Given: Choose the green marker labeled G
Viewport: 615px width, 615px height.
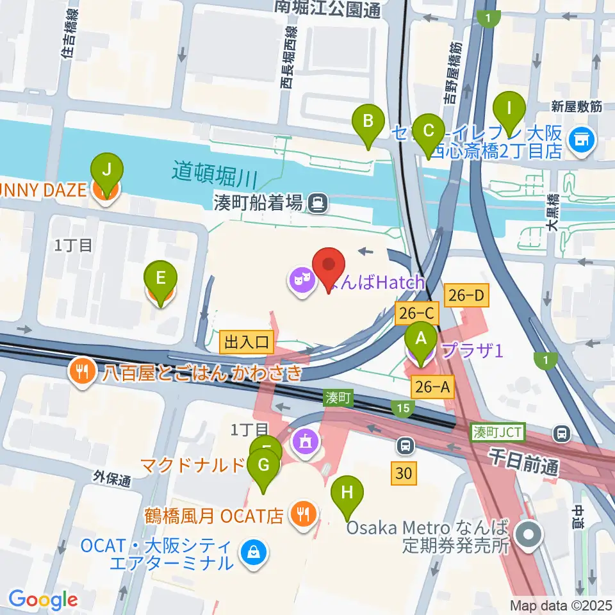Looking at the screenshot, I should [x=263, y=470].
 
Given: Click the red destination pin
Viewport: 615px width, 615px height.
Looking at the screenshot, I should [x=329, y=270].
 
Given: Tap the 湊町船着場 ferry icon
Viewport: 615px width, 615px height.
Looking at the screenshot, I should [x=316, y=204].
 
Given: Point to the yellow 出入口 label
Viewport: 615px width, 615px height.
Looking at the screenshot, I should [x=247, y=342].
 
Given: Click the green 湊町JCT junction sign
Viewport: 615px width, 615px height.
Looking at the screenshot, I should [x=498, y=434].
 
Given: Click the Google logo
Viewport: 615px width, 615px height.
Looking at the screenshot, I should [x=43, y=600].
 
